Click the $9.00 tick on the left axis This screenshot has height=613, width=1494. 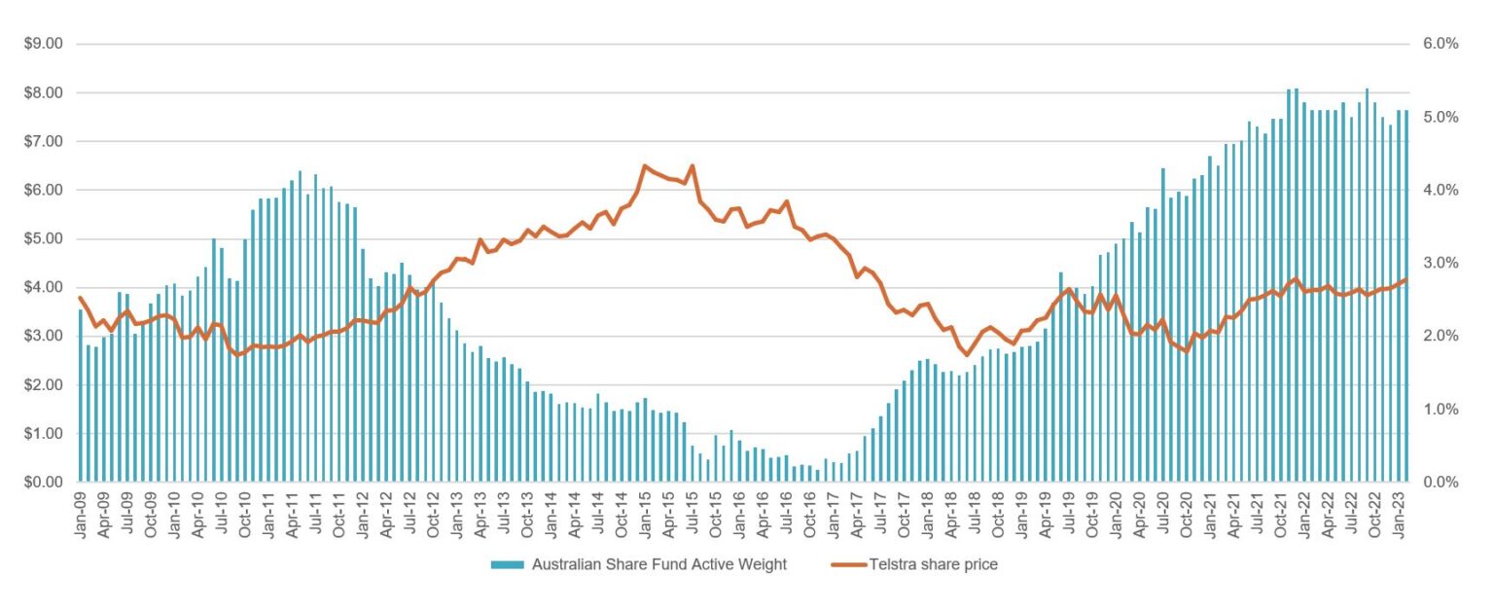pyautogui.click(x=43, y=44)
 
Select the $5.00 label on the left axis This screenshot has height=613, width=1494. pyautogui.click(x=43, y=238)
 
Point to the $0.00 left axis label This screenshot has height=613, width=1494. pyautogui.click(x=43, y=482)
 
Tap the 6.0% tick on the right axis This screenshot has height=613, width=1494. pyautogui.click(x=1441, y=44)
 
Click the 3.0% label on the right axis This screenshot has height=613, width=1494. pyautogui.click(x=1441, y=263)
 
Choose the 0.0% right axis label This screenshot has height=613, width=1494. pyautogui.click(x=1441, y=482)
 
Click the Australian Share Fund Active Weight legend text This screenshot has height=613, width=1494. pyautogui.click(x=658, y=565)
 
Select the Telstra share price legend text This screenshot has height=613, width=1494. pyautogui.click(x=933, y=565)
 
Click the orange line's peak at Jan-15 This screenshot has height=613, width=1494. pyautogui.click(x=645, y=166)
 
